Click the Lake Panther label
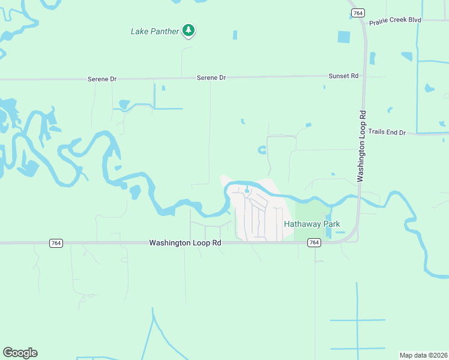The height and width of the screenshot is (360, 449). [155, 31]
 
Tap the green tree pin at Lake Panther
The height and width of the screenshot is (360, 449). [188, 30]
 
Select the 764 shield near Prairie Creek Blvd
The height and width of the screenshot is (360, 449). [358, 13]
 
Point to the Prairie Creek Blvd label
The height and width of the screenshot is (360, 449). [395, 20]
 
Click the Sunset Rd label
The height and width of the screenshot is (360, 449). [343, 76]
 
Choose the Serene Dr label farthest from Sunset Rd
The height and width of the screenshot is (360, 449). [101, 79]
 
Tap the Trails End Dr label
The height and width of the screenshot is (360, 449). [387, 132]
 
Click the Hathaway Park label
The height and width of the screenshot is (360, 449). [312, 224]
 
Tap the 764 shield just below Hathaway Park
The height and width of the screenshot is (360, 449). [313, 242]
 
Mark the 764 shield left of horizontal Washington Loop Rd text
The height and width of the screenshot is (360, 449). [55, 243]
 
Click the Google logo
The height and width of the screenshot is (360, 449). [20, 353]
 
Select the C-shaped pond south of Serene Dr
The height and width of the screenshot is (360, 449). [262, 150]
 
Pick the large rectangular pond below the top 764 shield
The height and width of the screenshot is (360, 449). [344, 37]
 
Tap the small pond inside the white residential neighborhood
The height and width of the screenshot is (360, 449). [247, 191]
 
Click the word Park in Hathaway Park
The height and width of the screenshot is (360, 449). [331, 224]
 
